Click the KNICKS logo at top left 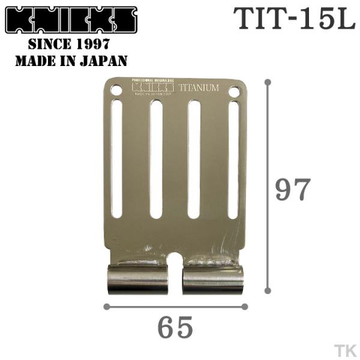coord(71,20)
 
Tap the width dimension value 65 coord(176,328)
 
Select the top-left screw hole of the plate coord(116,90)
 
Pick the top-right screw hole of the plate coord(234,92)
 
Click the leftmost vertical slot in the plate coord(117,158)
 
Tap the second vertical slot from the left coord(156,159)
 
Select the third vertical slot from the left coord(194,159)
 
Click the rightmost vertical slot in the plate coord(233,160)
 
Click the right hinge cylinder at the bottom coord(213,280)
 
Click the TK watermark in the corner coord(344,349)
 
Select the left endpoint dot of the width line coord(106,307)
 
